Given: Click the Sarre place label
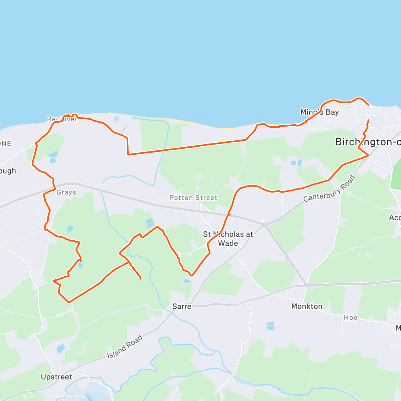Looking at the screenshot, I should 182,306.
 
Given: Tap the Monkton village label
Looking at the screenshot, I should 307,306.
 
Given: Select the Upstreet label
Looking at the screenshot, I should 56,377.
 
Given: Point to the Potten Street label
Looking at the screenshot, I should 193,198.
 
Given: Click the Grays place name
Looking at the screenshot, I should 66,192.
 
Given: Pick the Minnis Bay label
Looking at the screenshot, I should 319,112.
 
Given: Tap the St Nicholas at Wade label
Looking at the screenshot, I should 228,239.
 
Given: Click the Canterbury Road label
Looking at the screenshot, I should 329,189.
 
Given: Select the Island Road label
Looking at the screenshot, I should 125,347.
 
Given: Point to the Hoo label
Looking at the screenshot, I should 351,317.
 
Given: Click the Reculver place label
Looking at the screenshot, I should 62,119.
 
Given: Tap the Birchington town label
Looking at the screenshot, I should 368,142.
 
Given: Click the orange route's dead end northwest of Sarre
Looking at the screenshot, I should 140,278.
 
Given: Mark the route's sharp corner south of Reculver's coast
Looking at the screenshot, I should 128,154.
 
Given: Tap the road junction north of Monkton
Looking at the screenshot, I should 306,285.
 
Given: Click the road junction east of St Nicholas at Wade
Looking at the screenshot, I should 265,225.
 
